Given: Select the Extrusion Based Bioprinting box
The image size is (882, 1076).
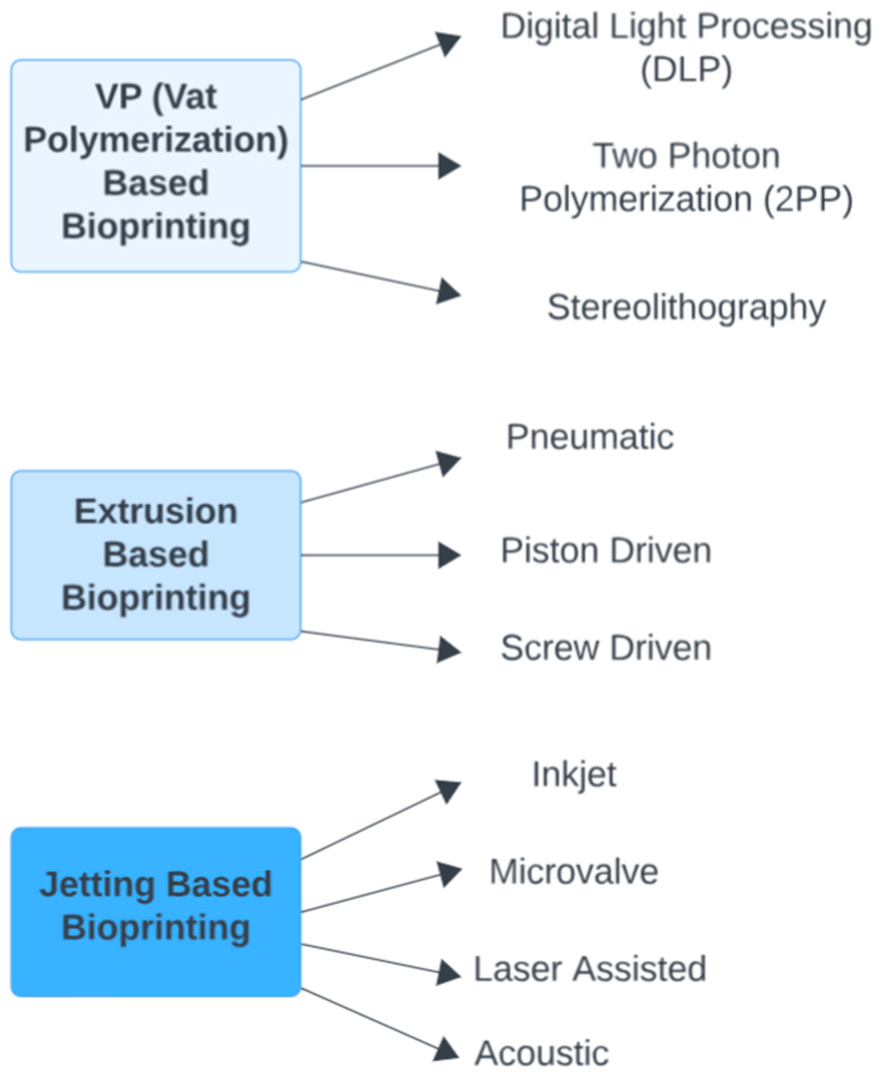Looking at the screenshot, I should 156,555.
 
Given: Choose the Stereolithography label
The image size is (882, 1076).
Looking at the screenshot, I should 686,307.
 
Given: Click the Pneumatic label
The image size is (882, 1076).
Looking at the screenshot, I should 590,437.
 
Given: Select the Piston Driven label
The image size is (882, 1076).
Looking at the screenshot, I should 605,551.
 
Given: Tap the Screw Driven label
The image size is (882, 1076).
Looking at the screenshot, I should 605,648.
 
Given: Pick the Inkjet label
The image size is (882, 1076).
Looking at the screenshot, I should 574,775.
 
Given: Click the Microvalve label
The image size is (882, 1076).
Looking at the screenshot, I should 574,872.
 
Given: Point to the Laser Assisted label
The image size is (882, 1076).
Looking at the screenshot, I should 590,968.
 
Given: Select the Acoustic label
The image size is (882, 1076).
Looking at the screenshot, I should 542,1053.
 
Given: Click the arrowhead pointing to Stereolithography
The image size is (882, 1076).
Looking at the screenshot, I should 448,292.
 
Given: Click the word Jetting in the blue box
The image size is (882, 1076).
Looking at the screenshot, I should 97,884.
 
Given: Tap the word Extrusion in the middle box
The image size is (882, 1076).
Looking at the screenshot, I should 156,511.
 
